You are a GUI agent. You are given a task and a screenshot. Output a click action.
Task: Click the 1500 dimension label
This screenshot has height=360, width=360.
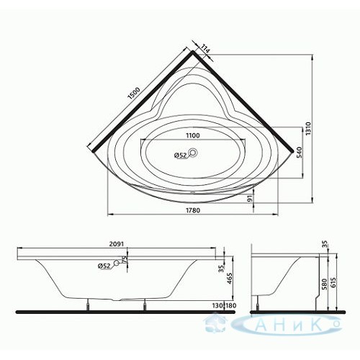134,94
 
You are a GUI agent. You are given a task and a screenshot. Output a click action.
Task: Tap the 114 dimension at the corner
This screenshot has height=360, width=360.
205,49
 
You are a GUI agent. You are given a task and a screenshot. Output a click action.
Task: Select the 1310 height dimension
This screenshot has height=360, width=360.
308,128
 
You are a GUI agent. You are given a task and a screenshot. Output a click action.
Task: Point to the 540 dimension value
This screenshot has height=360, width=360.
299,153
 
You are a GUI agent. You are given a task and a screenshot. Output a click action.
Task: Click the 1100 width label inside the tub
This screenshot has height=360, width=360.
193,135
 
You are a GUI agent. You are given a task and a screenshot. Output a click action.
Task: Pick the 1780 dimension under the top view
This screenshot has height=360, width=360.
193,210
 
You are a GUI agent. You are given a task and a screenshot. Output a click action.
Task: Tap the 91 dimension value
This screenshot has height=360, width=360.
250,198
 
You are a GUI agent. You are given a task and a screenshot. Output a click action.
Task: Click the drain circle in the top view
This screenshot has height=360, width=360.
193,152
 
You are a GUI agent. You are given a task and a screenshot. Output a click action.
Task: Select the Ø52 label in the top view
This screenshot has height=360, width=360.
180,156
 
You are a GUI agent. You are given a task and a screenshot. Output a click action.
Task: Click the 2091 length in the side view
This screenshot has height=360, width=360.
117,244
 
